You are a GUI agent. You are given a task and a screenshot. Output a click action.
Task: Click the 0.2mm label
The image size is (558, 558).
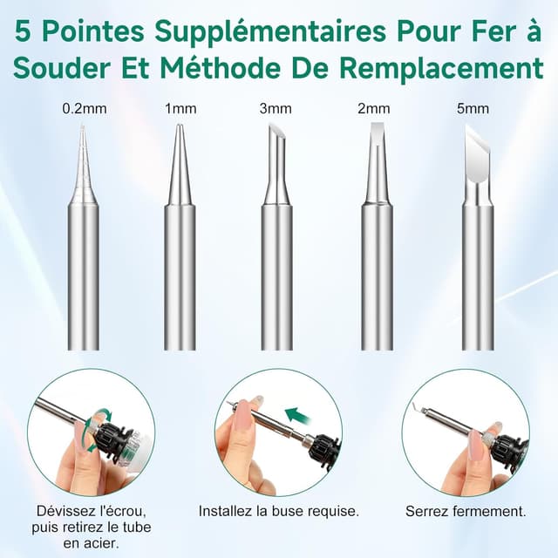tap(84, 109)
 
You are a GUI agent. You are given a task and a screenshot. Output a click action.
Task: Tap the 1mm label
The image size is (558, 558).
tap(180, 109)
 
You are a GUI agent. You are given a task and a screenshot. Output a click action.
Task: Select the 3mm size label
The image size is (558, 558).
tap(276, 109)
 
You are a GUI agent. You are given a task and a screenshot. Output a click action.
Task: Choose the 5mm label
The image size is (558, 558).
tap(479, 109)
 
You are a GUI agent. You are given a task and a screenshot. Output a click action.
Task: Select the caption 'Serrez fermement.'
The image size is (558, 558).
tap(466, 511)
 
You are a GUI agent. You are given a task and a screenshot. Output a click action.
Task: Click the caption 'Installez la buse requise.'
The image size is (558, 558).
tap(278, 511)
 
